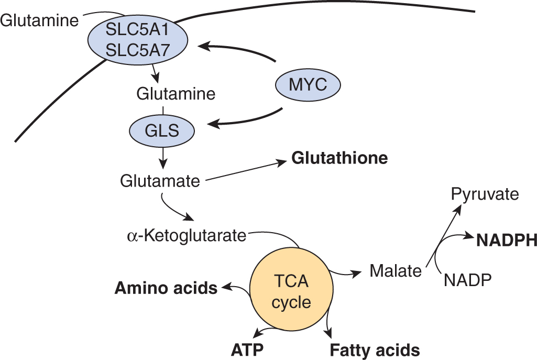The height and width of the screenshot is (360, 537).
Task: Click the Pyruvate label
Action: coord(485,195)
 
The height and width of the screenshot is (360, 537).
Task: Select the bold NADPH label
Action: coord(506,240)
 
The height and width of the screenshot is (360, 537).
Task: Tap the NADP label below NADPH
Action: coord(467,280)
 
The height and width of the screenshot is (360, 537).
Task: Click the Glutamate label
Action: coord(160,181)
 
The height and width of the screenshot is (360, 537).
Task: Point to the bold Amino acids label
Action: coord(166,288)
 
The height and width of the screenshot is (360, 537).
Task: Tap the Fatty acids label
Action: coord(375,350)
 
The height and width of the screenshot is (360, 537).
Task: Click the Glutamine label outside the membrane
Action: coord(39,20)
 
